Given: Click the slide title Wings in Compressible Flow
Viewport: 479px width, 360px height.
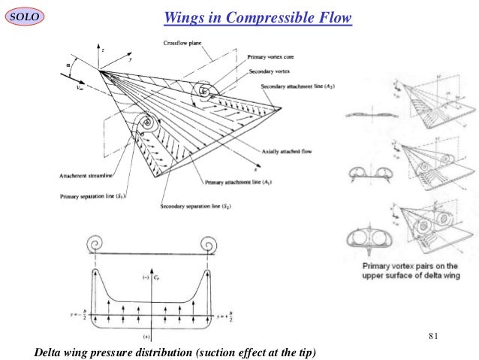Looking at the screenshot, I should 258,17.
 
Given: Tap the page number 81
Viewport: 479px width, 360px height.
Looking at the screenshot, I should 432,334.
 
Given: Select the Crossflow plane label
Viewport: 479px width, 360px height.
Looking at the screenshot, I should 182,44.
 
